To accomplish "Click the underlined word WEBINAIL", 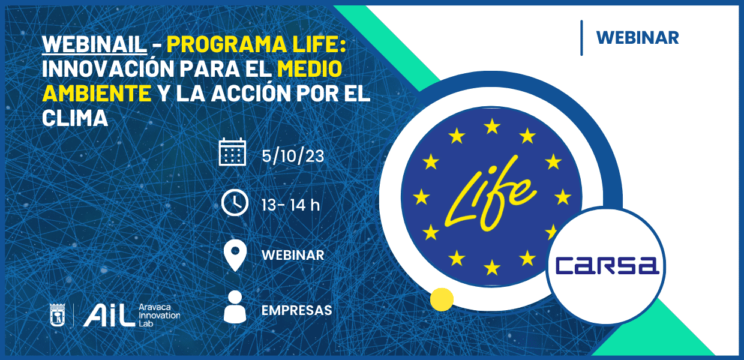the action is (x=95, y=44).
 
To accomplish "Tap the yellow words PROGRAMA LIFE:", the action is (x=256, y=44).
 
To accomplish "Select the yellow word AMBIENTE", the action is (x=97, y=94).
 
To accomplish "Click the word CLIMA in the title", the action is (x=75, y=118).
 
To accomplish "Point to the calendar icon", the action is (x=233, y=152).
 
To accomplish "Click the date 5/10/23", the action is (x=293, y=156).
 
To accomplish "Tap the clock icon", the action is (x=235, y=203).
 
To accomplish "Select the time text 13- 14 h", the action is (x=290, y=205).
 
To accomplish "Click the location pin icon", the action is (x=235, y=255).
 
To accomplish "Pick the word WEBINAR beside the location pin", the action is (x=293, y=256).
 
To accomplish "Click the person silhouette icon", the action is (x=235, y=307).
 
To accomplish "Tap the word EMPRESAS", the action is (x=296, y=311).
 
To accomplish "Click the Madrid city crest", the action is (x=58, y=315).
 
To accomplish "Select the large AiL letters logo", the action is (x=109, y=316).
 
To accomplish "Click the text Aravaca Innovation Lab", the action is (x=160, y=315).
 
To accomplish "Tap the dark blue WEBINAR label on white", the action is (x=637, y=38).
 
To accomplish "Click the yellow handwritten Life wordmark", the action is (x=490, y=194).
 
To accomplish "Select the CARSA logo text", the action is (x=607, y=266).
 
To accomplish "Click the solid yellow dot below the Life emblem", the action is (x=442, y=299).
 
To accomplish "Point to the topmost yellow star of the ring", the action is (x=492, y=127).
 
